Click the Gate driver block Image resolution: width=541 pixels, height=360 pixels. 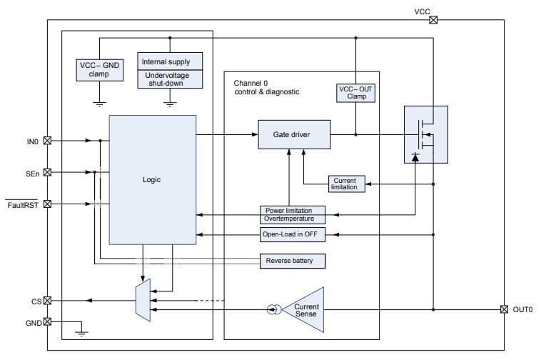pos(293,134)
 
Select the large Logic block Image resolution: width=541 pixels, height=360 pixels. pos(152,179)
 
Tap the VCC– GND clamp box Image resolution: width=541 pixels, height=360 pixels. pos(100,69)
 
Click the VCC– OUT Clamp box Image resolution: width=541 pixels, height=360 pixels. pos(355,92)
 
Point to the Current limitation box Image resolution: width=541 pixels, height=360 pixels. pos(346,184)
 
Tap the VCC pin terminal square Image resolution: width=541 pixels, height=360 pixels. pos(433,20)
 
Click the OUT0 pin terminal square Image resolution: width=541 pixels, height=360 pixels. pos(505,309)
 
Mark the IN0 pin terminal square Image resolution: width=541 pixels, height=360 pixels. pos(48,141)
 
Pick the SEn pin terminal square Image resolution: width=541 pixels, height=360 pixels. pos(48,172)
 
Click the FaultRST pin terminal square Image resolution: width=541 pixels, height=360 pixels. pos(48,204)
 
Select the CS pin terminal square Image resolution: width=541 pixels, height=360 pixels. pos(48,301)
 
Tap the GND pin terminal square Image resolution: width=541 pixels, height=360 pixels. pos(48,321)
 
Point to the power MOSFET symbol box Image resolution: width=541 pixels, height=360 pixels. pos(425,134)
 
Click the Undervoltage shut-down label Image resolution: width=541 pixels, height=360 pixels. pos(169,79)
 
